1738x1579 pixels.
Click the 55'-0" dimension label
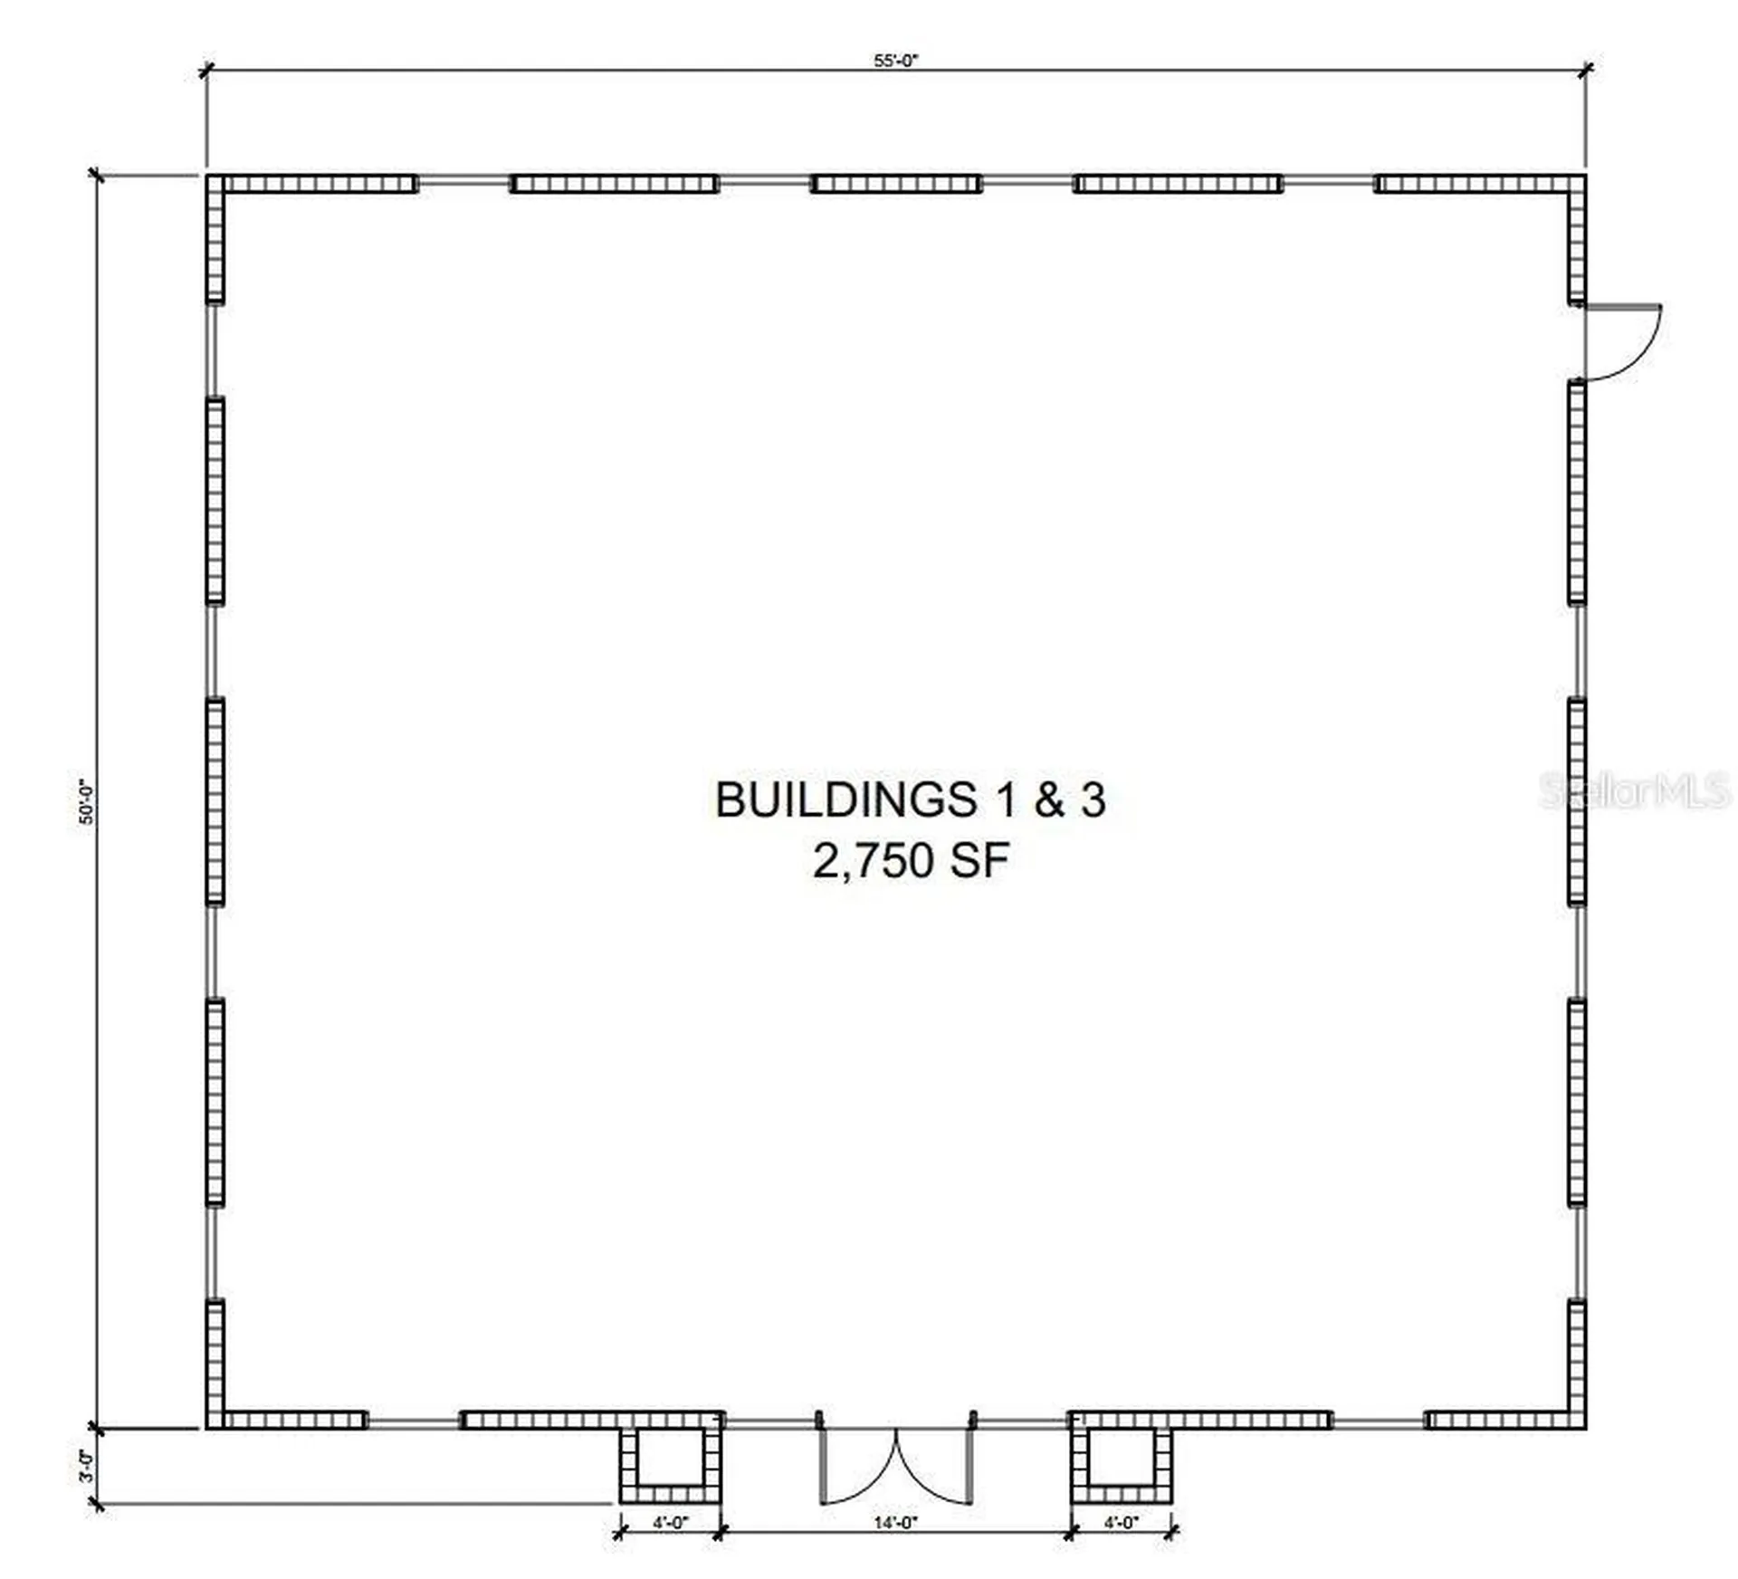[x=896, y=61]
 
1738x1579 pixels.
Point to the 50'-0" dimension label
[x=87, y=801]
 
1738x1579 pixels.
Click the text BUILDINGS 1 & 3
[x=911, y=800]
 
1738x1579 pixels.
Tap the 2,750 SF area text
[x=911, y=860]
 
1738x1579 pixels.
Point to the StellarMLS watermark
[x=1635, y=791]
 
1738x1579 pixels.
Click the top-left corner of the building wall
[x=206, y=175]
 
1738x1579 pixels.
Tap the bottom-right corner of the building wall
[x=1586, y=1429]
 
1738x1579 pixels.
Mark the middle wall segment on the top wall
[x=896, y=184]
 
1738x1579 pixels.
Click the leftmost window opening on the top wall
[x=463, y=184]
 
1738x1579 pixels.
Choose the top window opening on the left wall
[x=215, y=350]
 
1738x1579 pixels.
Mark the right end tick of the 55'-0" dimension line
[x=1586, y=70]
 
